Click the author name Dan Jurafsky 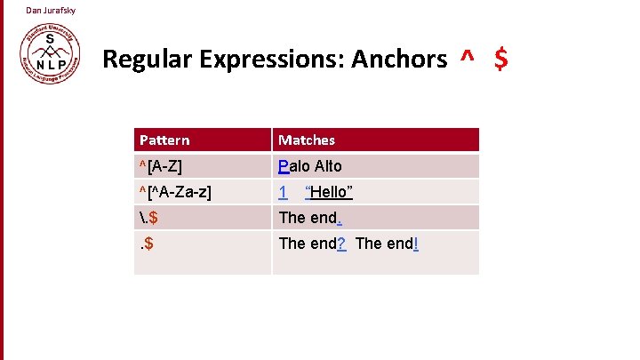point(51,11)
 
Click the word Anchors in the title point(399,60)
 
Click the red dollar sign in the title point(501,60)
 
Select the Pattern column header point(164,140)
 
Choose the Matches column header point(307,140)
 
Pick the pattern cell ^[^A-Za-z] point(175,192)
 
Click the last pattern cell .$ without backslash point(148,244)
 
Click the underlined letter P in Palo point(284,166)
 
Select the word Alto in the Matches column point(325,166)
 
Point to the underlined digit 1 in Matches point(283,192)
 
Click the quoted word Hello point(329,192)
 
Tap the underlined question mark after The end point(342,244)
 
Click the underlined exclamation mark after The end point(415,244)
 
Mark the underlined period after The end point(339,218)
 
